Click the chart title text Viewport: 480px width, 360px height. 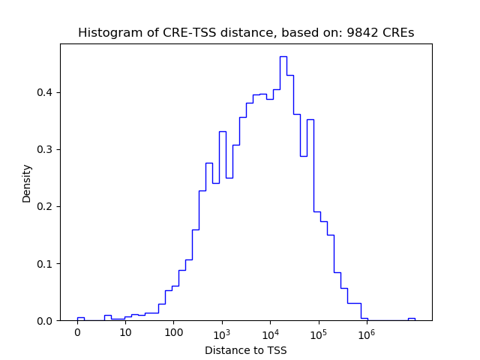[246, 33]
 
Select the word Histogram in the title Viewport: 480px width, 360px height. [107, 33]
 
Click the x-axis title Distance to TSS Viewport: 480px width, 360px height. [246, 350]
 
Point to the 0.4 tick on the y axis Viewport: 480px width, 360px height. [46, 92]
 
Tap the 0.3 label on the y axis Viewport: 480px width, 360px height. [46, 149]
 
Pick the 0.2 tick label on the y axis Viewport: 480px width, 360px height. [46, 206]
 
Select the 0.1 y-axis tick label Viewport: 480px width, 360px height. [46, 263]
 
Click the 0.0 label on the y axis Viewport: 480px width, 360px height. [46, 320]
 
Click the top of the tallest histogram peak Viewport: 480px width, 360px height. [283, 57]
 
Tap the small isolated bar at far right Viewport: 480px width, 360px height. [411, 319]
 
